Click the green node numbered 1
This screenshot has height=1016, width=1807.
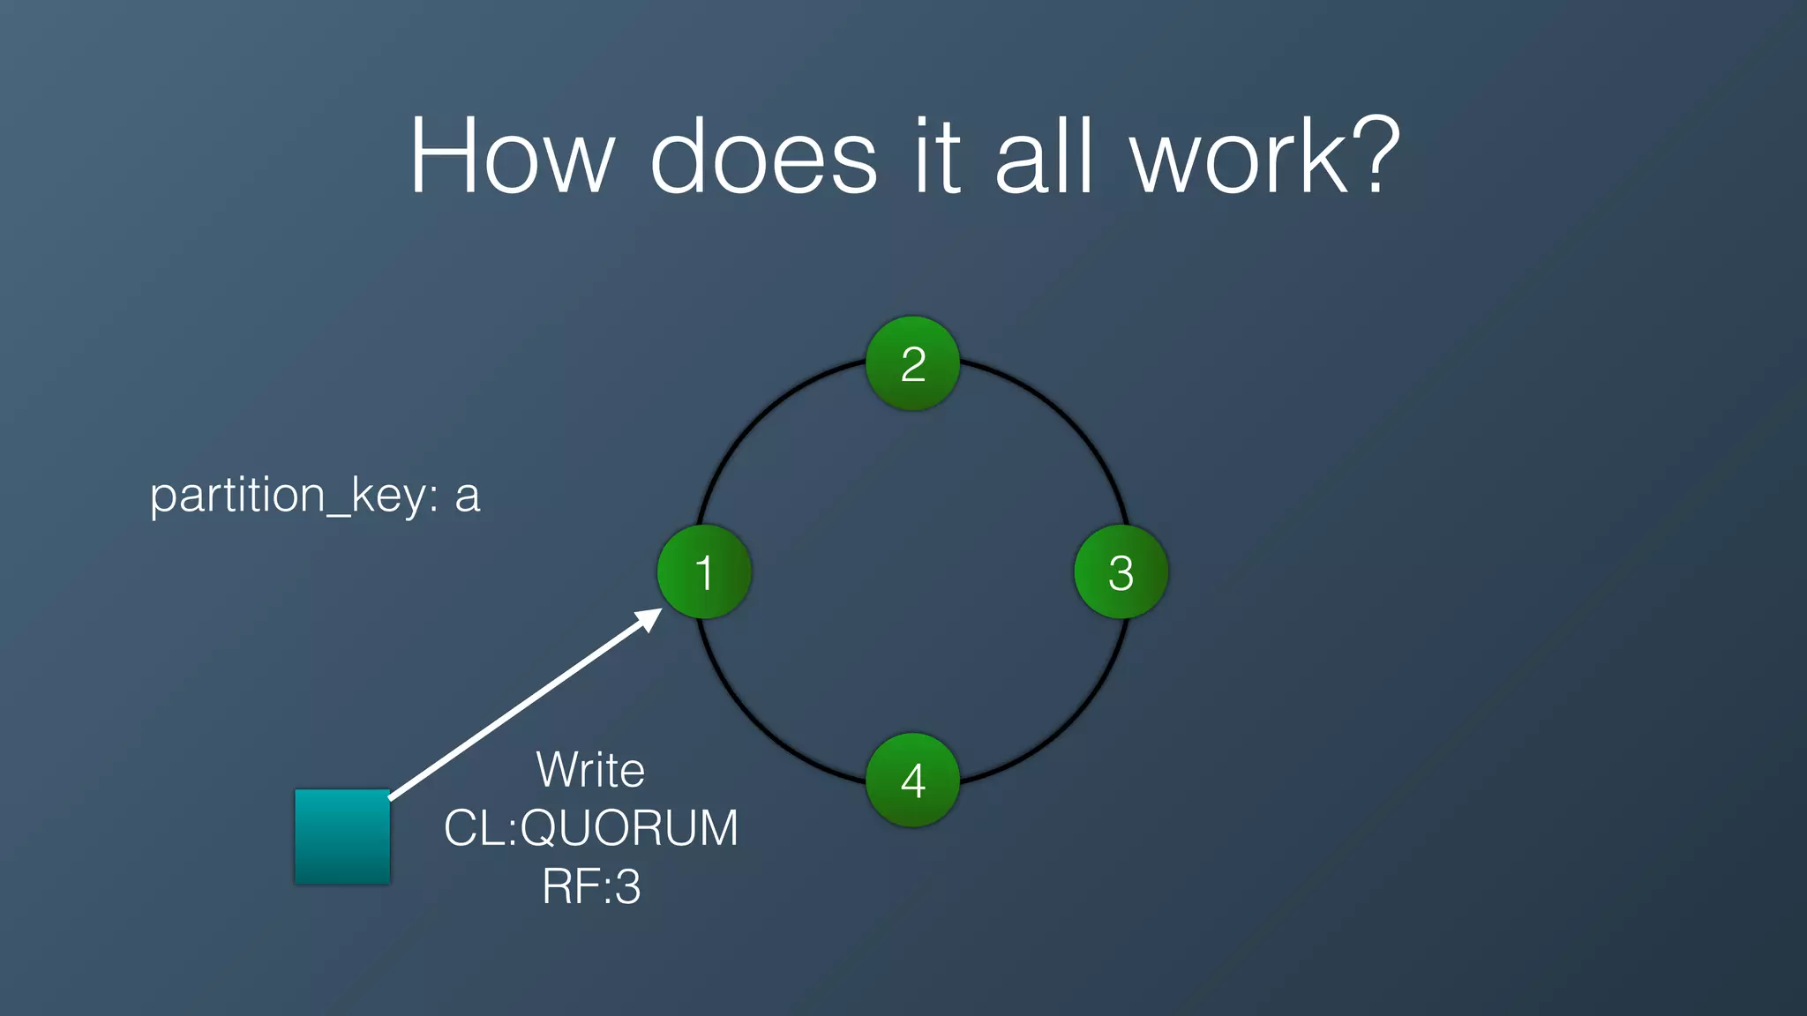click(704, 571)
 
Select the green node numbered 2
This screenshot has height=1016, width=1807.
click(912, 363)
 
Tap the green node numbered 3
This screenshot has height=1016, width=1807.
click(1121, 571)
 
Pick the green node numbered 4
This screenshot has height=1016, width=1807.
click(912, 780)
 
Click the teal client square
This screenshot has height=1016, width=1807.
click(342, 836)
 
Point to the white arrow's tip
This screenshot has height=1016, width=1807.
click(657, 611)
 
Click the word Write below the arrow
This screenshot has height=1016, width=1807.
click(590, 770)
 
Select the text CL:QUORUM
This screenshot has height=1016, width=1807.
click(590, 828)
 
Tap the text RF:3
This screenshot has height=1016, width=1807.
click(590, 886)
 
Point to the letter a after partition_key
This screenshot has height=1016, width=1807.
click(468, 497)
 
